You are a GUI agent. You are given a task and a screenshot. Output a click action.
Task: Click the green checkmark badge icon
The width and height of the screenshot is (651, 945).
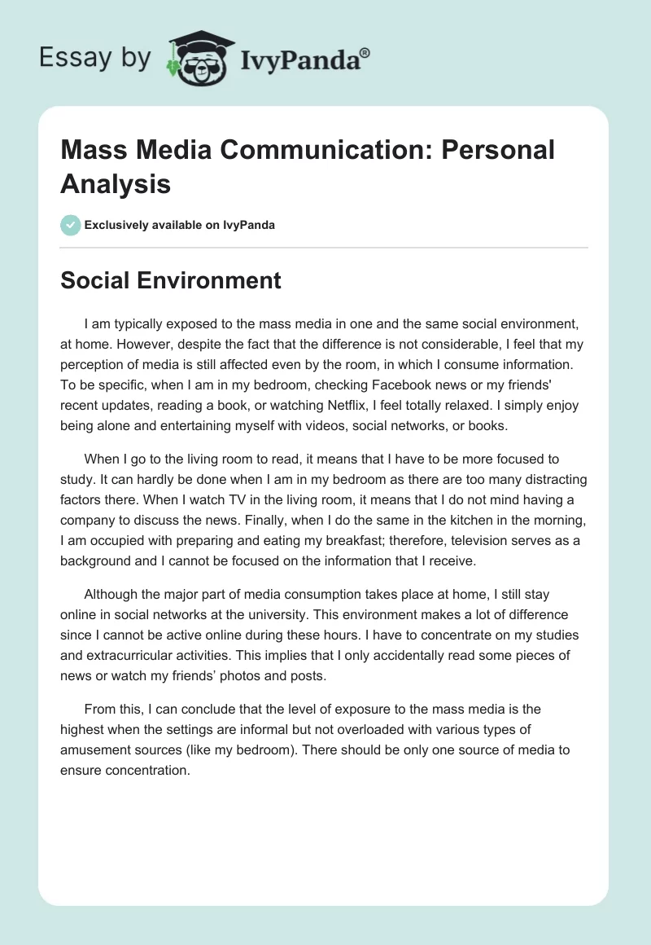71,225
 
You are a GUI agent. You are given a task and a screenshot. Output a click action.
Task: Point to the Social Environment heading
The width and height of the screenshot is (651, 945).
171,280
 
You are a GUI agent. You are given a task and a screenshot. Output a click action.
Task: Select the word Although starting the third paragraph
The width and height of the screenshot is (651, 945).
115,596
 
